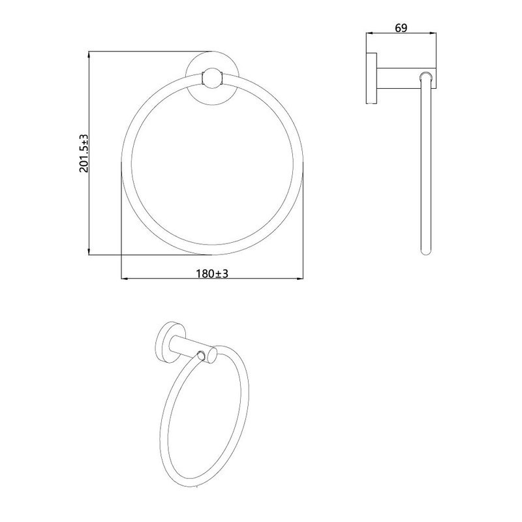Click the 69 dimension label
coord(401,28)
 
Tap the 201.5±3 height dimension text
coord(84,153)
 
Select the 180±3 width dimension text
coord(212,273)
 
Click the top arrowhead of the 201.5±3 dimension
coord(89,55)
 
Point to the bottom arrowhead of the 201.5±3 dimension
coord(89,251)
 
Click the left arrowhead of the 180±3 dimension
coord(125,279)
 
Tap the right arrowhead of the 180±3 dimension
coord(299,279)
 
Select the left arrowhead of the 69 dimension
coord(370,33)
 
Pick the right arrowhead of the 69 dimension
coord(433,33)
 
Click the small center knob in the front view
coord(211,78)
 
